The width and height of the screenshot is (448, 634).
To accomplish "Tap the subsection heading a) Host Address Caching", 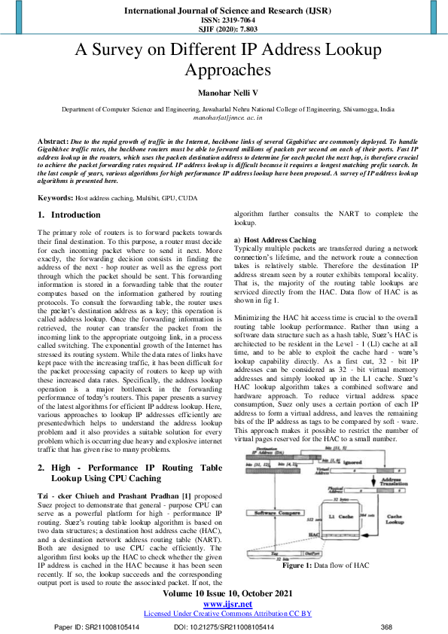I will tap(275, 239).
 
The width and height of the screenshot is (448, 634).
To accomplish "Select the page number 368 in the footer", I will tap(386, 626).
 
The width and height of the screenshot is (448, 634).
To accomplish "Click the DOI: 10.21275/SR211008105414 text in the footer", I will tap(224, 626).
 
